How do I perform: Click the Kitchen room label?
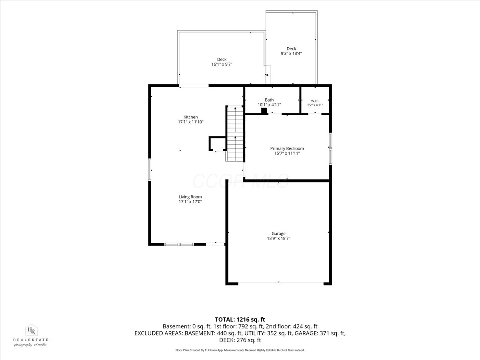(190, 117)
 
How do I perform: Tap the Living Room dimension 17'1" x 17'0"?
(190, 202)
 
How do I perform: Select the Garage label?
(278, 234)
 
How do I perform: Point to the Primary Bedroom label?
(287, 148)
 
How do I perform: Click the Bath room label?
(269, 100)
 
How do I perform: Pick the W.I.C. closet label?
(315, 101)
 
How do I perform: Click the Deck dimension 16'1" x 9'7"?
(222, 64)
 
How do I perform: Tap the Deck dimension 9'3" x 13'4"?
(291, 53)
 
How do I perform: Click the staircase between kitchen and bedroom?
(235, 134)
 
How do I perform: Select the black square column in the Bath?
(264, 111)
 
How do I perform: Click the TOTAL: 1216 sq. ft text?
(240, 320)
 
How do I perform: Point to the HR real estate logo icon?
(31, 330)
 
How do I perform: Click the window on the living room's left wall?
(150, 170)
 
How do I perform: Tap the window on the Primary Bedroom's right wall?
(330, 149)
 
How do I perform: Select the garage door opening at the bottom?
(280, 284)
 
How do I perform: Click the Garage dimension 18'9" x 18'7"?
(278, 238)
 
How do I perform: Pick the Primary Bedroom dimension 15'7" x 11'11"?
(287, 153)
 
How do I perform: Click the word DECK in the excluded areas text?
(226, 340)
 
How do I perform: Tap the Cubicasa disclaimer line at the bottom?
(240, 350)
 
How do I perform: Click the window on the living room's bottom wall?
(179, 244)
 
